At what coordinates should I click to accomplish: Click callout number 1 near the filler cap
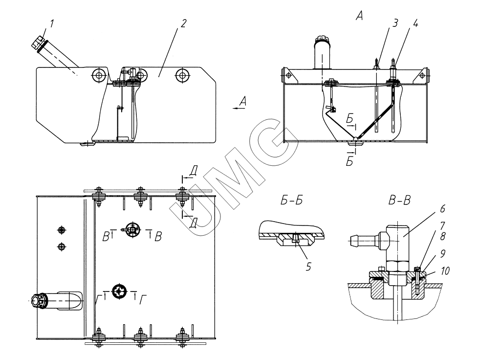(x=52, y=24)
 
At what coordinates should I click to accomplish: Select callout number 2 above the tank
(x=183, y=23)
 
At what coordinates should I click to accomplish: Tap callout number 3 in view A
(x=395, y=23)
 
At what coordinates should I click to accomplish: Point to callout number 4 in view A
(x=414, y=23)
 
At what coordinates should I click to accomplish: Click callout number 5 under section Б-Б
(x=308, y=267)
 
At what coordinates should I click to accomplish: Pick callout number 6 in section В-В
(x=442, y=209)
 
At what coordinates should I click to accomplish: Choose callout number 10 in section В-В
(x=445, y=270)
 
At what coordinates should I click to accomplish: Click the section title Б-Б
(x=291, y=201)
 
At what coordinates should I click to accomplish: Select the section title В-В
(x=400, y=201)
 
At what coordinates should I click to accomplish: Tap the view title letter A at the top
(x=359, y=16)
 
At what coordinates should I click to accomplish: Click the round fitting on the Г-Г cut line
(x=119, y=292)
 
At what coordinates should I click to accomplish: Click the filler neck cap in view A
(x=323, y=39)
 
